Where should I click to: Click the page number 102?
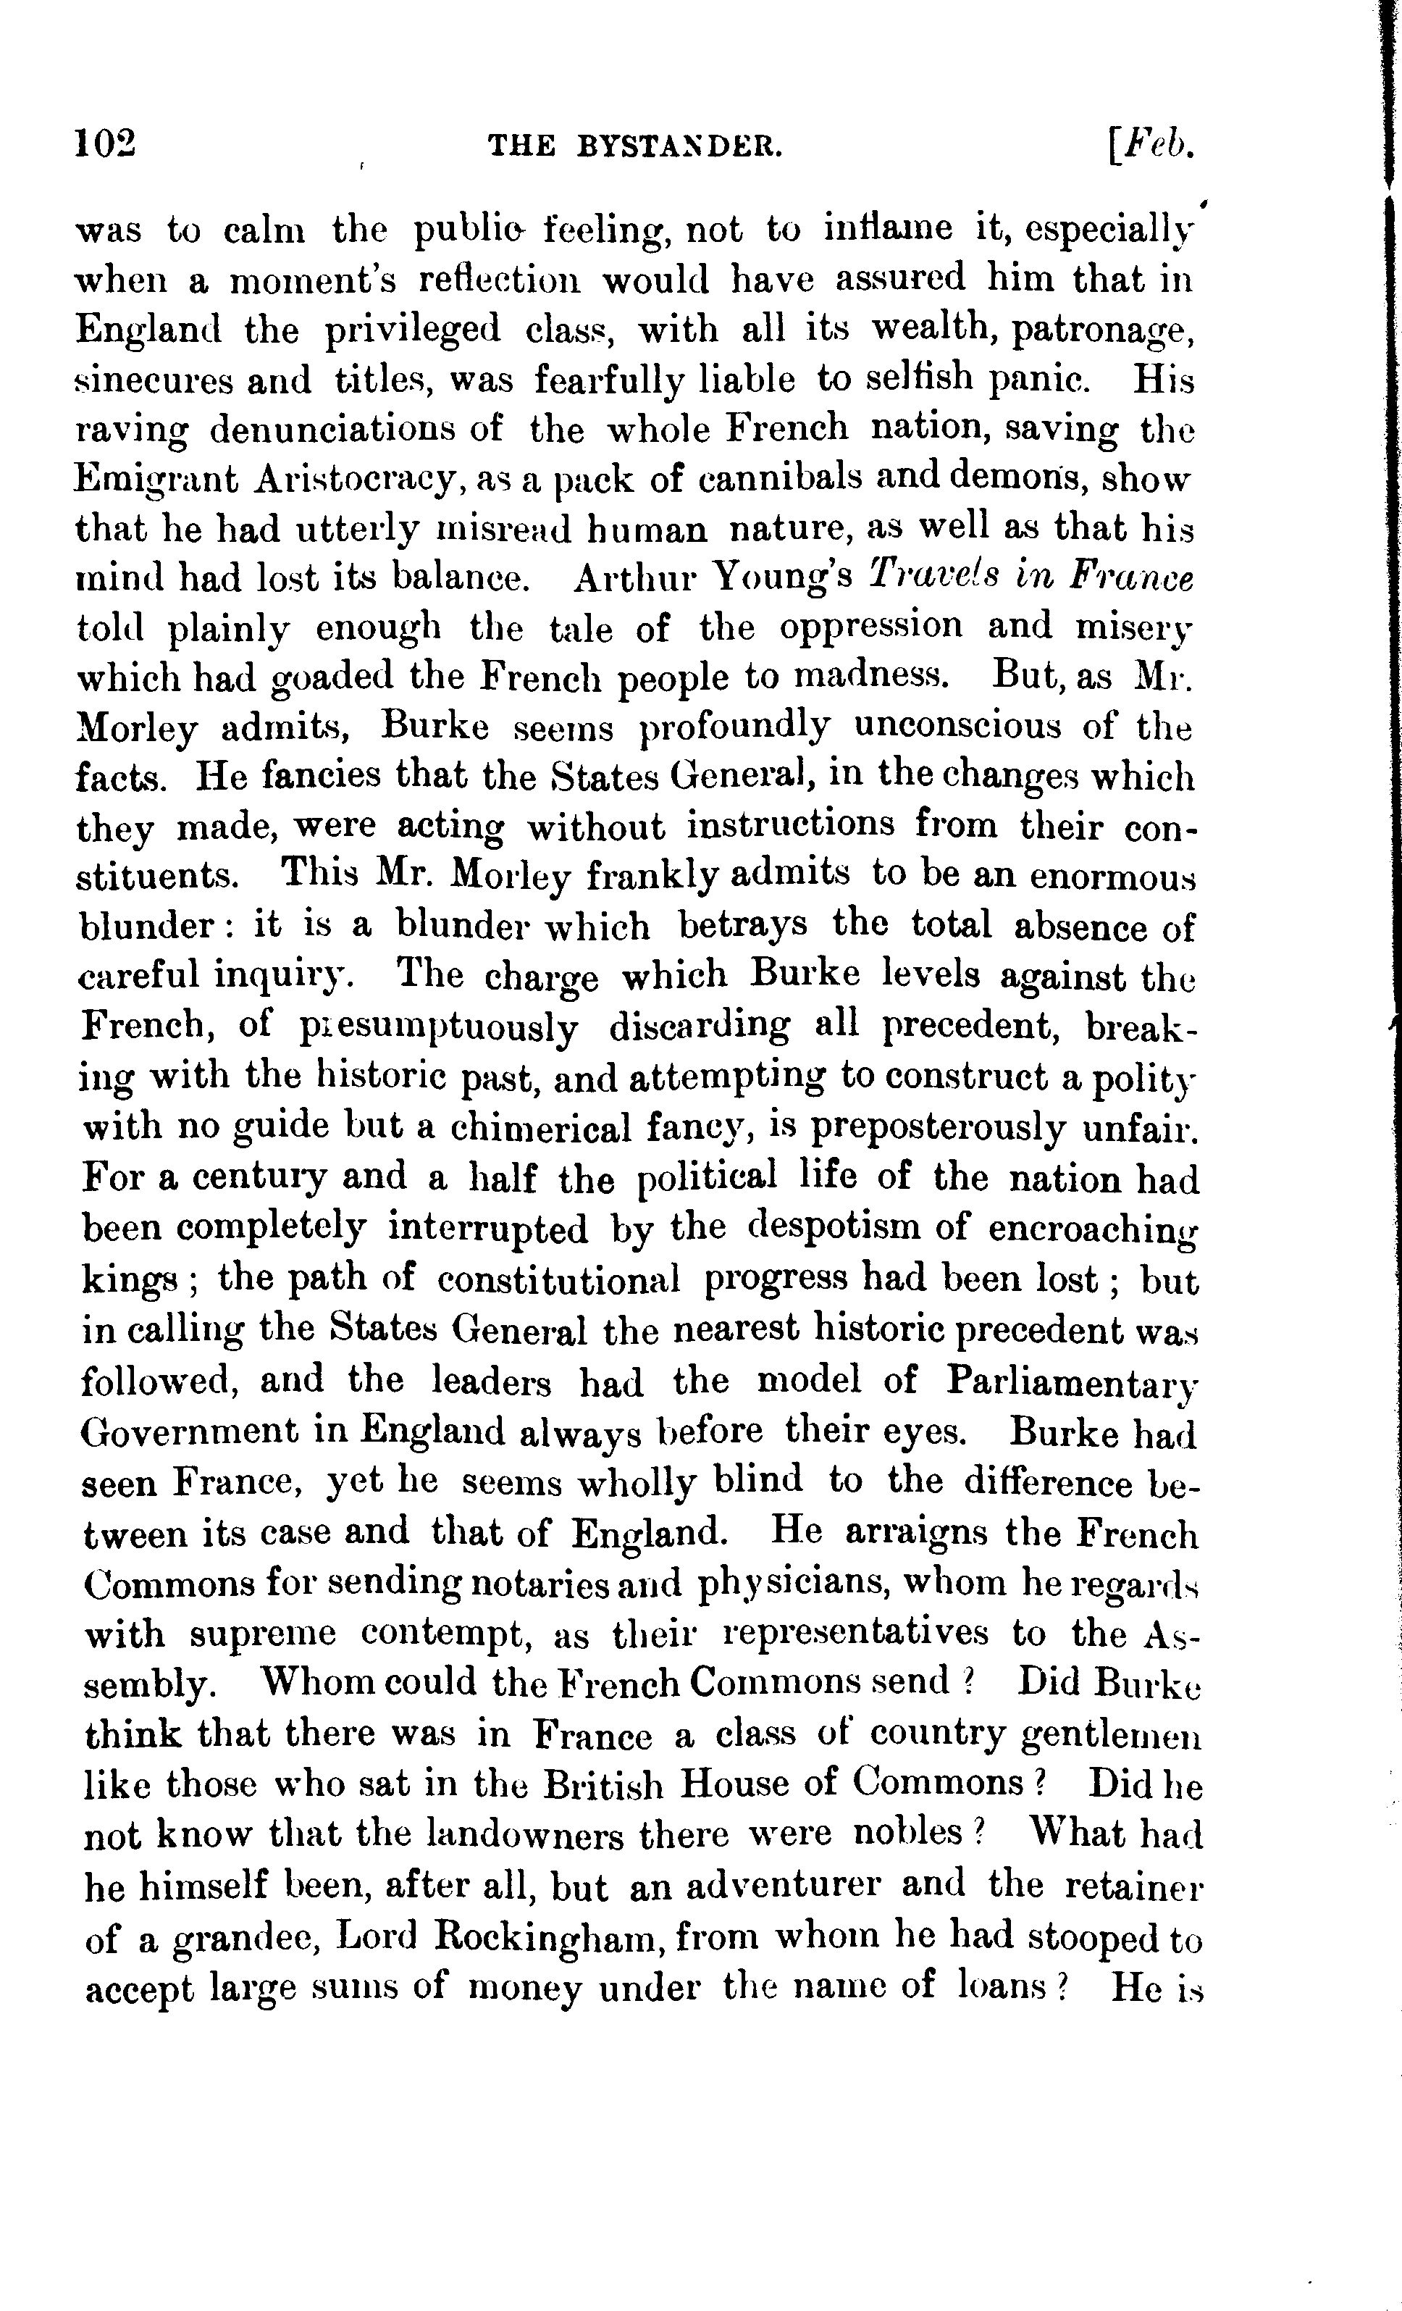pos(106,146)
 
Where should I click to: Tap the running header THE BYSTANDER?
pos(636,146)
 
